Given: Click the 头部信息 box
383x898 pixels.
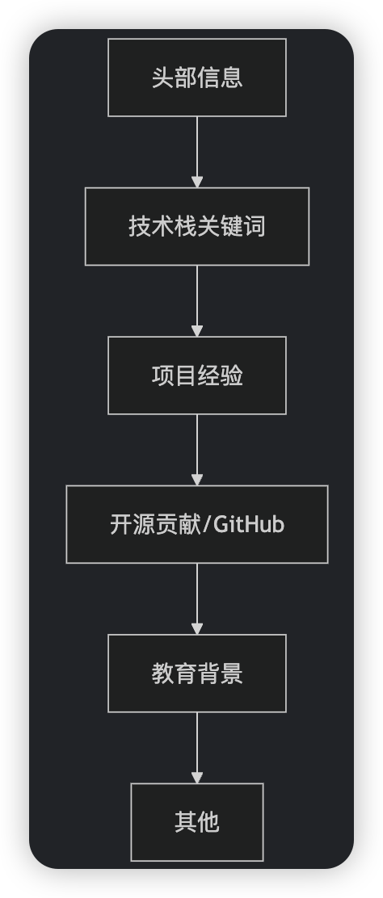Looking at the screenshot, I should point(197,78).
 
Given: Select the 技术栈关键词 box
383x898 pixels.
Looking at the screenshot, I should point(197,226).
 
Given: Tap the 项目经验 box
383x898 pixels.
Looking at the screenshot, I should point(197,376).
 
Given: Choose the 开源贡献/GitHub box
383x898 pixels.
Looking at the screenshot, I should point(197,524).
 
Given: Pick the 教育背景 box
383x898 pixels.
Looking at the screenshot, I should point(197,673).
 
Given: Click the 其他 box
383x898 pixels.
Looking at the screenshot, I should point(197,822).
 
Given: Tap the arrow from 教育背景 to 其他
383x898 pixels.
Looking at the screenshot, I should point(197,746).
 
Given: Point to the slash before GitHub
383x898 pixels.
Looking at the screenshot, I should point(207,525).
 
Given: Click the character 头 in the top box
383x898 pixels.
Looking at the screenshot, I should point(162,78).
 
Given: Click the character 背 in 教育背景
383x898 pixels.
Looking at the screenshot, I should point(208,673).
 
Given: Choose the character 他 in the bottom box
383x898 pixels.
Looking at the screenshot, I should point(208,822).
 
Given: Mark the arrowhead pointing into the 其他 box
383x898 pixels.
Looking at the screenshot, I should point(197,777).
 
